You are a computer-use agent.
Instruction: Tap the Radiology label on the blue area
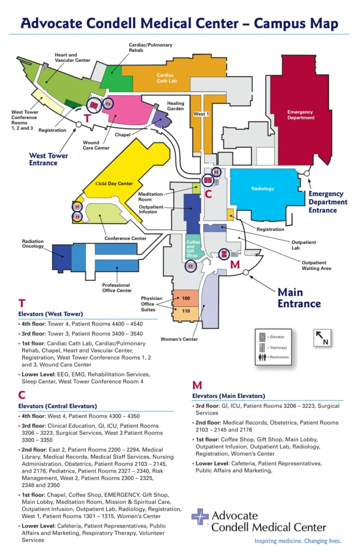pos(262,189)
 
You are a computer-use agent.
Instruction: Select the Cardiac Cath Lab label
pos(165,79)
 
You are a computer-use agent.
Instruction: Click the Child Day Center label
pos(114,184)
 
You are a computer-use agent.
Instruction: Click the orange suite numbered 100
pos(186,299)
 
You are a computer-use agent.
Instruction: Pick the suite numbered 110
pos(186,311)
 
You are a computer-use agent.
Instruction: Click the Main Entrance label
pos(299,298)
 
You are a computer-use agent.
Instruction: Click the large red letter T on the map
pos(87,118)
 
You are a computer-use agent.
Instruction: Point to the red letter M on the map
pos(235,265)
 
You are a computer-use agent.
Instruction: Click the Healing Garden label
pos(175,106)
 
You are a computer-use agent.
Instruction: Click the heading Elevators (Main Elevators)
pos(229,396)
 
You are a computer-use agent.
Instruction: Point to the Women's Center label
pos(179,339)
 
